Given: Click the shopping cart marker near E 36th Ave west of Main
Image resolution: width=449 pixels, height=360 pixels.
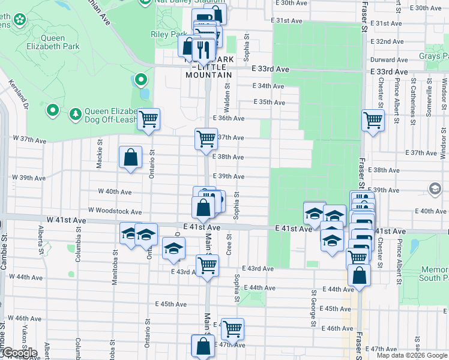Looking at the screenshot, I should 148,119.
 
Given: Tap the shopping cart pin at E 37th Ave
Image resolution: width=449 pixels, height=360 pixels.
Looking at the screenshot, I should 206,139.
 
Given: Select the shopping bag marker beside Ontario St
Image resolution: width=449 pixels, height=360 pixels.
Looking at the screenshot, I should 130,158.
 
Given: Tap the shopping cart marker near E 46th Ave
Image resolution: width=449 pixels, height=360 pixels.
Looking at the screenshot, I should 232,329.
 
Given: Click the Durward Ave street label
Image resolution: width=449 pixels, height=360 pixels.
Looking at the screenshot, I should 389,60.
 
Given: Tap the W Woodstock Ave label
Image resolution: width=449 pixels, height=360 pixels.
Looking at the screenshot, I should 115,211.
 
